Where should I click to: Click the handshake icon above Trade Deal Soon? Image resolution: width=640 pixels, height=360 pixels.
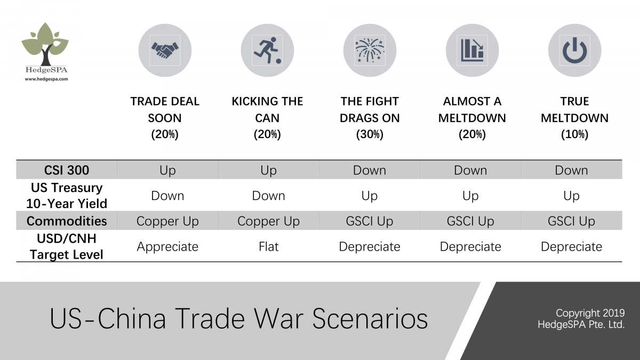[165, 51]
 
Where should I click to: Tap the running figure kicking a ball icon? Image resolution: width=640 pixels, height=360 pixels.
[267, 51]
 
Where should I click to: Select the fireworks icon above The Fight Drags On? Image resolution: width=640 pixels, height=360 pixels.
[370, 51]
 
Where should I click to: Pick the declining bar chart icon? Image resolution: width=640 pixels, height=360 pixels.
[472, 51]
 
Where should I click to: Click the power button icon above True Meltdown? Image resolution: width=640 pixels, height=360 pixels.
[574, 51]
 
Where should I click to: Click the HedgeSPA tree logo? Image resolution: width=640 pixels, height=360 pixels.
[46, 45]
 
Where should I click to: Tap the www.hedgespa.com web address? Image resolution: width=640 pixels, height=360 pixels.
[46, 79]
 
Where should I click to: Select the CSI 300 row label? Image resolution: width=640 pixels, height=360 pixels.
[66, 170]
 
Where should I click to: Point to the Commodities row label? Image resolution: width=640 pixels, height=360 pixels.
[67, 221]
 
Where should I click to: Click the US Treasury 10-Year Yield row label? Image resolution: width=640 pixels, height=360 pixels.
[67, 196]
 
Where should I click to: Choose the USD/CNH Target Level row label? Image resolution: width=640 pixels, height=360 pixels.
[67, 246]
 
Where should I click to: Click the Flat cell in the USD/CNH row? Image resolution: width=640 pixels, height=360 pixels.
[268, 246]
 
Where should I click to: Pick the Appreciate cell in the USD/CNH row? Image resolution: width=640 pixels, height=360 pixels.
[167, 246]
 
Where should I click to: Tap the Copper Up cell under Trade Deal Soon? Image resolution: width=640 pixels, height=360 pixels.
[167, 221]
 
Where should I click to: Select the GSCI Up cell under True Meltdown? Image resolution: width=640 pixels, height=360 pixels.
[571, 221]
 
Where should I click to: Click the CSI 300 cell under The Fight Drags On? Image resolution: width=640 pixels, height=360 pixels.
[369, 170]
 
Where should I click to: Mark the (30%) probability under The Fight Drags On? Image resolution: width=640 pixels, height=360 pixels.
[370, 134]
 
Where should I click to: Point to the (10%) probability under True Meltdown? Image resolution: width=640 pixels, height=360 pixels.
[574, 134]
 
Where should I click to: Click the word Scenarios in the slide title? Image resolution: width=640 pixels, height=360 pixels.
[370, 319]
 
